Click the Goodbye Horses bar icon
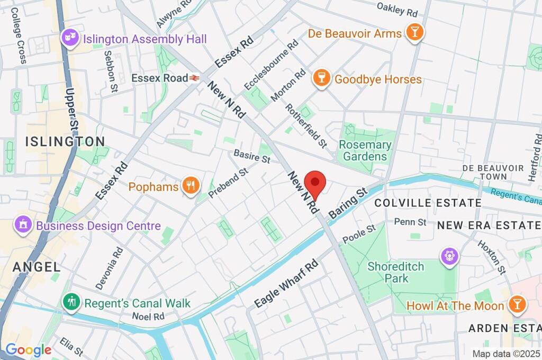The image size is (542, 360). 320,79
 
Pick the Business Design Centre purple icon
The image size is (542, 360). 23,226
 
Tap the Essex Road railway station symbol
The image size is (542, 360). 195,78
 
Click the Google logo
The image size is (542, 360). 28,349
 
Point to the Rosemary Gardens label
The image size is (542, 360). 365,150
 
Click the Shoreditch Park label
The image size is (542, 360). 396,272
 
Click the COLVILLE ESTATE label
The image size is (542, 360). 428,203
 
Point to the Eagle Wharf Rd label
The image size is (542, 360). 286,284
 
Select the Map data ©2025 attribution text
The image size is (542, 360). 505,354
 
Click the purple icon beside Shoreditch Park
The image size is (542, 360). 449,255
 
